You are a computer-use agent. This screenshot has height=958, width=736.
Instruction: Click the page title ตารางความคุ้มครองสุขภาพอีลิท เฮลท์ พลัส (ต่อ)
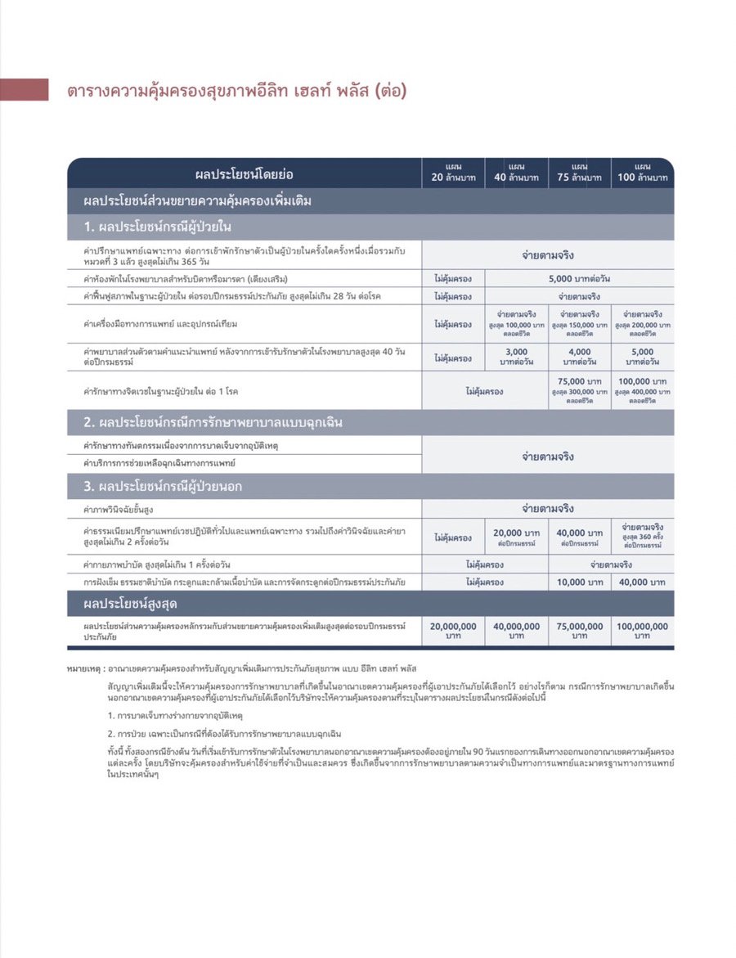[x=236, y=90]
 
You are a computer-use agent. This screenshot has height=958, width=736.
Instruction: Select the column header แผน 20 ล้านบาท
[x=453, y=173]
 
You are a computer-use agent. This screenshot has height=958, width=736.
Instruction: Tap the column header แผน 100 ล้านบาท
[x=643, y=173]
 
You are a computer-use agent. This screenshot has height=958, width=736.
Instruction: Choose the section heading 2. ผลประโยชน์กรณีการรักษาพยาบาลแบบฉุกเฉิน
[x=213, y=423]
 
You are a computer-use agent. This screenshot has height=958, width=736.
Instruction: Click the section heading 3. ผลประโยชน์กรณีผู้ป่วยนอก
[x=163, y=487]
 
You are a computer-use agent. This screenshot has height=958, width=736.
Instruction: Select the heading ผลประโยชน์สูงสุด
[x=130, y=604]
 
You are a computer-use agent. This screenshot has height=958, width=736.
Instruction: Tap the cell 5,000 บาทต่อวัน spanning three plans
[x=580, y=278]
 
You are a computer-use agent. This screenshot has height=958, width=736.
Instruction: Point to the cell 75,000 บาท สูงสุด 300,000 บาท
[x=580, y=391]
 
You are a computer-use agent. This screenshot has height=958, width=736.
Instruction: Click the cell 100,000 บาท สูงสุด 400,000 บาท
[x=643, y=391]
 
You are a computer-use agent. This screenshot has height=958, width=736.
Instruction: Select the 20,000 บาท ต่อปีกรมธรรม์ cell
[x=517, y=537]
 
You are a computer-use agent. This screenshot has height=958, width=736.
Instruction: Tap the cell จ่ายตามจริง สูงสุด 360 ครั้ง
[x=643, y=536]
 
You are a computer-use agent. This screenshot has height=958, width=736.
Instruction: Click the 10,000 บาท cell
[x=580, y=582]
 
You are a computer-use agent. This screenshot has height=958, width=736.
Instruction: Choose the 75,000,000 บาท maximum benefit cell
[x=580, y=630]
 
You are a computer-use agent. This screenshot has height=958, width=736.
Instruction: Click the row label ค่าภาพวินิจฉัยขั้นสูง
[x=119, y=510]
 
